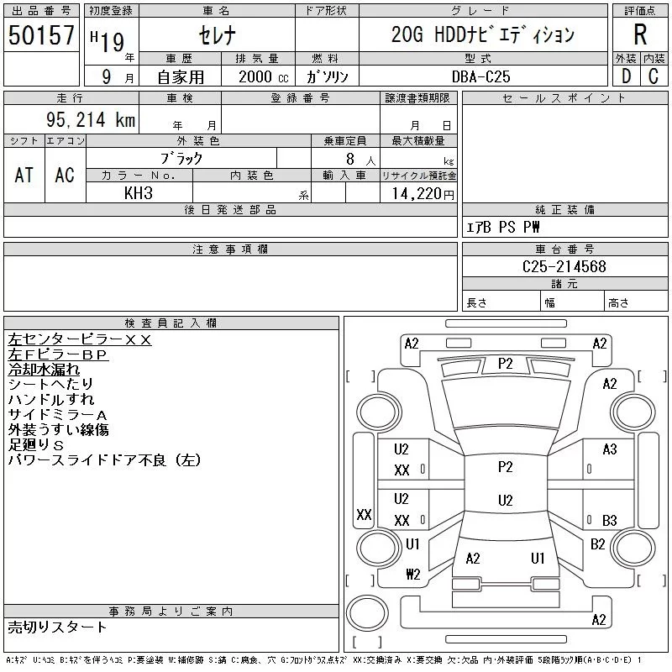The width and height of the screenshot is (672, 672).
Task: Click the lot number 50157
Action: click(x=41, y=34)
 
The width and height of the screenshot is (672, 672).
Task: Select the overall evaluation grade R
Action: click(x=640, y=34)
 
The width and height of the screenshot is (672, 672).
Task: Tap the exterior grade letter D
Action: click(x=626, y=76)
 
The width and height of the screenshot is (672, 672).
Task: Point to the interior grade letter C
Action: click(x=654, y=76)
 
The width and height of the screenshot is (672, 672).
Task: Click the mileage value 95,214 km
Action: click(x=91, y=119)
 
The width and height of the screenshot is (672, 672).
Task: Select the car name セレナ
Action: click(x=218, y=35)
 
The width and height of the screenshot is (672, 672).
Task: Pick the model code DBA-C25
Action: click(x=480, y=76)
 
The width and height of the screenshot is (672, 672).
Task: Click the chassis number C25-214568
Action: click(x=564, y=266)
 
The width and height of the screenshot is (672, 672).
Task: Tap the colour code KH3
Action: click(x=139, y=193)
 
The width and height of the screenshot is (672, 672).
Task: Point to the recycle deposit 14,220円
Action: click(x=423, y=194)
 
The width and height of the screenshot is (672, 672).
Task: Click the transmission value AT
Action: click(x=24, y=176)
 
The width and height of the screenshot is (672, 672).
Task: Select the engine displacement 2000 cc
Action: click(x=263, y=76)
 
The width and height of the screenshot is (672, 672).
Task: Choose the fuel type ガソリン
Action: click(x=327, y=76)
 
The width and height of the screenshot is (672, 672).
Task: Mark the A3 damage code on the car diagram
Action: click(x=610, y=449)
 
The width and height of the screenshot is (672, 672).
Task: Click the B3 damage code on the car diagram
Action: click(x=610, y=520)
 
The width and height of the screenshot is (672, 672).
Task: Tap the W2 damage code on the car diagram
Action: click(x=413, y=574)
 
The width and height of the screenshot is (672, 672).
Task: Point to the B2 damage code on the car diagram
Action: click(x=597, y=544)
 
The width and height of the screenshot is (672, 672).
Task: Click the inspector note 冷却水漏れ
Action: click(x=44, y=370)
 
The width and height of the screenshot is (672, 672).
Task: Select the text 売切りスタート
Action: click(x=57, y=627)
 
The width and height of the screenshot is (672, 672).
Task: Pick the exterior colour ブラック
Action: click(x=181, y=159)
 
